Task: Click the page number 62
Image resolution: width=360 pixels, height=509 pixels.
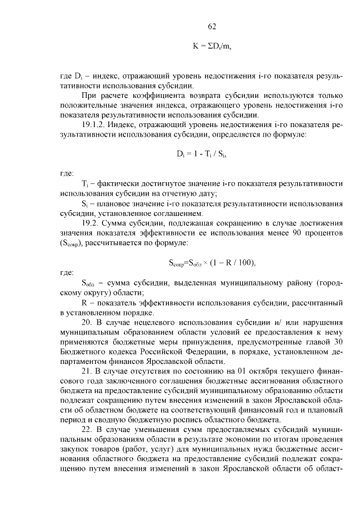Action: [x=211, y=26]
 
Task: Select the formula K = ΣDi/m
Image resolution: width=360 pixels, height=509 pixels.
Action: [x=211, y=47]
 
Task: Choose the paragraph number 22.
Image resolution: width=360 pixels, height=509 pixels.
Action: [x=87, y=430]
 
